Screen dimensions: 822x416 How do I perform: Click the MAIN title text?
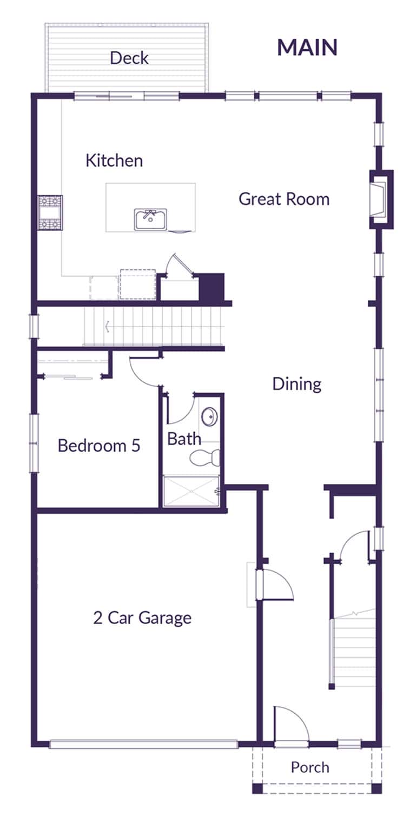tap(307, 48)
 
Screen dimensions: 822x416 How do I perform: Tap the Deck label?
tap(129, 58)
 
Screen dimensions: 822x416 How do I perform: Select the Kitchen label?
tap(114, 161)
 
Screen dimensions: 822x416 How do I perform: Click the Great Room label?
tap(283, 199)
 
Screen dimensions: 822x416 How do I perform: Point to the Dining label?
tap(296, 385)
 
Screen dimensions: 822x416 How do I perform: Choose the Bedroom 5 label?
tap(98, 446)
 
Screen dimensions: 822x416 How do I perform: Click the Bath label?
tap(184, 439)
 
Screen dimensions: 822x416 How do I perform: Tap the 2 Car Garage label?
tap(142, 618)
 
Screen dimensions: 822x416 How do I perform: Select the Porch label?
tap(309, 767)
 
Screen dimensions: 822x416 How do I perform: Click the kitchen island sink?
tap(150, 220)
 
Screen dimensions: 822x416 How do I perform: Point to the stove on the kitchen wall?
tap(50, 213)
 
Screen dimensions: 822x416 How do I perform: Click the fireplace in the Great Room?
tap(380, 199)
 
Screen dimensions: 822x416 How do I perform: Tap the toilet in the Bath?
tap(205, 458)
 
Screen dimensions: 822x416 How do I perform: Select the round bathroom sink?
tap(209, 417)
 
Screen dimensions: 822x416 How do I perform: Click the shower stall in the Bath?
tap(191, 492)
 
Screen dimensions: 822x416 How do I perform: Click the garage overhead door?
tap(143, 744)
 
